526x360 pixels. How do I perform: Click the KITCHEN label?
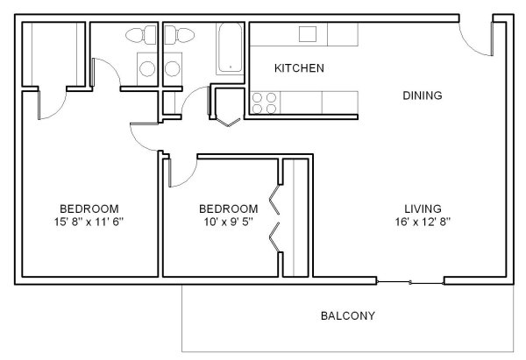point(299,68)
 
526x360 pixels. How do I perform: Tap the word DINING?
point(423,95)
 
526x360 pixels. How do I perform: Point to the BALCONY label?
point(348,315)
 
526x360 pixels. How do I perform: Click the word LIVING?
point(423,208)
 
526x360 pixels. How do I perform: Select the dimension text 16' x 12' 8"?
point(423,222)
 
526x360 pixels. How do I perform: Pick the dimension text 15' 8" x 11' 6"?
point(89,222)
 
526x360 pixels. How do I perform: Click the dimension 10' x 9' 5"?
point(229,222)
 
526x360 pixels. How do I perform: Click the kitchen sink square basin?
point(308,34)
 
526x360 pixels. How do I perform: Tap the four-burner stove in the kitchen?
point(265,102)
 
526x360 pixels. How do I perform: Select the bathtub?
point(230,48)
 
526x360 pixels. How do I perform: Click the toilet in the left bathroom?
point(141,35)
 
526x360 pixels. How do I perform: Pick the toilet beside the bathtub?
point(180,35)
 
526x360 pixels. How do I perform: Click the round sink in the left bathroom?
point(147,68)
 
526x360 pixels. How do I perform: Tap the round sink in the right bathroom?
point(173,68)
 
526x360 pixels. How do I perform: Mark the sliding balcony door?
point(410,283)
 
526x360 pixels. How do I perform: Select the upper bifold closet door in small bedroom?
point(274,200)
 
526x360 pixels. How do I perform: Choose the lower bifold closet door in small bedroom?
point(274,237)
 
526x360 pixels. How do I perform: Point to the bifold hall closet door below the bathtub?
point(229,122)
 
